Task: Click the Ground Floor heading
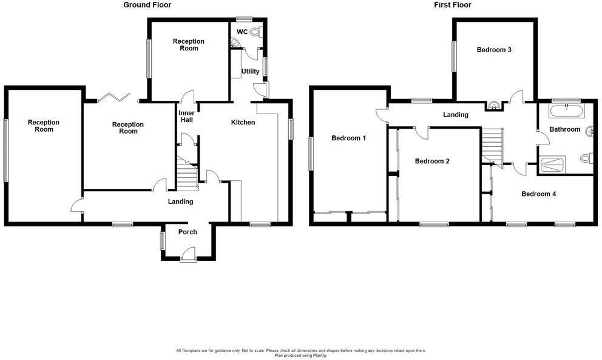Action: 147,5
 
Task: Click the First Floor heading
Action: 453,5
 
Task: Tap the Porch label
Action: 188,232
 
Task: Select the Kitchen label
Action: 243,123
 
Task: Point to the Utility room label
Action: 250,72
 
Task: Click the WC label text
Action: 242,32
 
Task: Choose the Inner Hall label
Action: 186,117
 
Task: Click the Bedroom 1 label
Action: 348,138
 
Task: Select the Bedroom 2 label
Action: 431,161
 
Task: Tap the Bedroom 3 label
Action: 493,50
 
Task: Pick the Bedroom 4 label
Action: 539,194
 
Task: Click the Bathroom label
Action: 565,129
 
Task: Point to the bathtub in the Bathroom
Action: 566,110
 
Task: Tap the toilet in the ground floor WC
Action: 254,32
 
